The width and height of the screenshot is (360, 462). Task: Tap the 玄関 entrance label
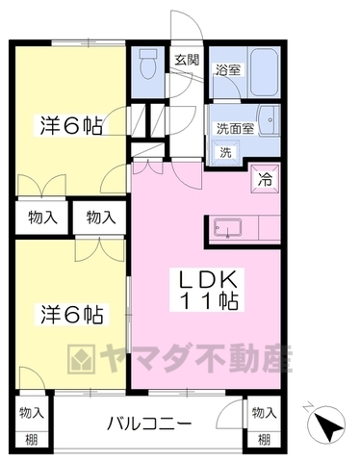185,60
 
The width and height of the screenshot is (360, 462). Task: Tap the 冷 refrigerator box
262,177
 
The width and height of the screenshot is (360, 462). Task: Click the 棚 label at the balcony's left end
32,440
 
